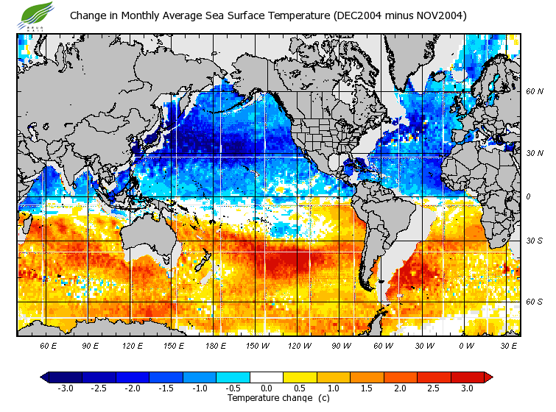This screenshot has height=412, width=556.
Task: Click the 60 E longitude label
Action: (49, 345)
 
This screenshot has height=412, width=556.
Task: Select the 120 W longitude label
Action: (300, 345)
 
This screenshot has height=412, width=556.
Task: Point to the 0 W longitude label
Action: (466, 345)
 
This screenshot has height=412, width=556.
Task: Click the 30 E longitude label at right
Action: (509, 345)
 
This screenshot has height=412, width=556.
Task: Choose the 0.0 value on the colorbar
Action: (266, 388)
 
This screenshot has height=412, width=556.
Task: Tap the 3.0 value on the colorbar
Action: (467, 388)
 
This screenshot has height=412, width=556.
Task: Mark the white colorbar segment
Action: (267, 377)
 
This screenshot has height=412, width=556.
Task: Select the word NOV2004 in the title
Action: (438, 15)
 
